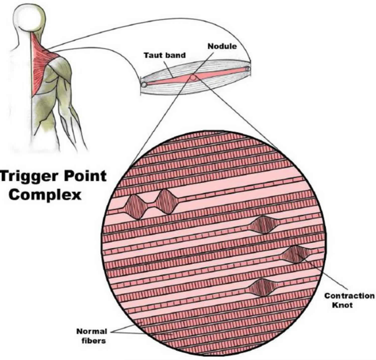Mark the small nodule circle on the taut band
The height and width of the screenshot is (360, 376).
(193, 77)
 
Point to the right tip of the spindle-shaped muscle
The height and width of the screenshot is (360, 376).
(248, 67)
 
